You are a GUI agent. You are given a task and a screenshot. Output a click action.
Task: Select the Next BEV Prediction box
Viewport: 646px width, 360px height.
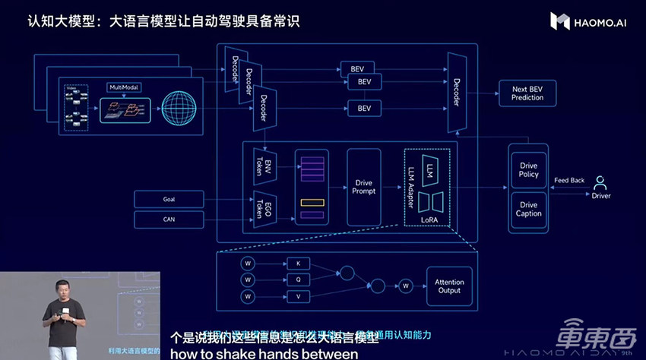point(527,93)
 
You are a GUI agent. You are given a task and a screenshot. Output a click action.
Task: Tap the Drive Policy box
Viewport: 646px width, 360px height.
point(528,169)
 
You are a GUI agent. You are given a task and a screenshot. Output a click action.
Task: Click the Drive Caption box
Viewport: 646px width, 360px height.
point(528,209)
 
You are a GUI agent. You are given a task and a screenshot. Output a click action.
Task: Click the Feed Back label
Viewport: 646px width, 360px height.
point(569,180)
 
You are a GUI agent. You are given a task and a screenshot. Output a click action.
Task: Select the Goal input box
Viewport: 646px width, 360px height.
point(169,199)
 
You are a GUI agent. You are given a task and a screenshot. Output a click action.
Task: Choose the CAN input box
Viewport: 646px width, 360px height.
point(169,219)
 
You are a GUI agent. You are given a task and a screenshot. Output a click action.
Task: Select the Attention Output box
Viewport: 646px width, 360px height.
point(448,286)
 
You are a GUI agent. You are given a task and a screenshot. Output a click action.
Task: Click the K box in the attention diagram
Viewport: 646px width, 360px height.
point(297,263)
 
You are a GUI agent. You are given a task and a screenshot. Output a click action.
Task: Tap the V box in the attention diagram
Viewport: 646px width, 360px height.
point(297,296)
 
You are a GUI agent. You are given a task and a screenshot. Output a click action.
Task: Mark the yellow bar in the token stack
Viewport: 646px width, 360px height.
point(312,202)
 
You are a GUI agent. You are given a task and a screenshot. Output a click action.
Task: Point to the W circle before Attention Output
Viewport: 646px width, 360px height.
point(407,286)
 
